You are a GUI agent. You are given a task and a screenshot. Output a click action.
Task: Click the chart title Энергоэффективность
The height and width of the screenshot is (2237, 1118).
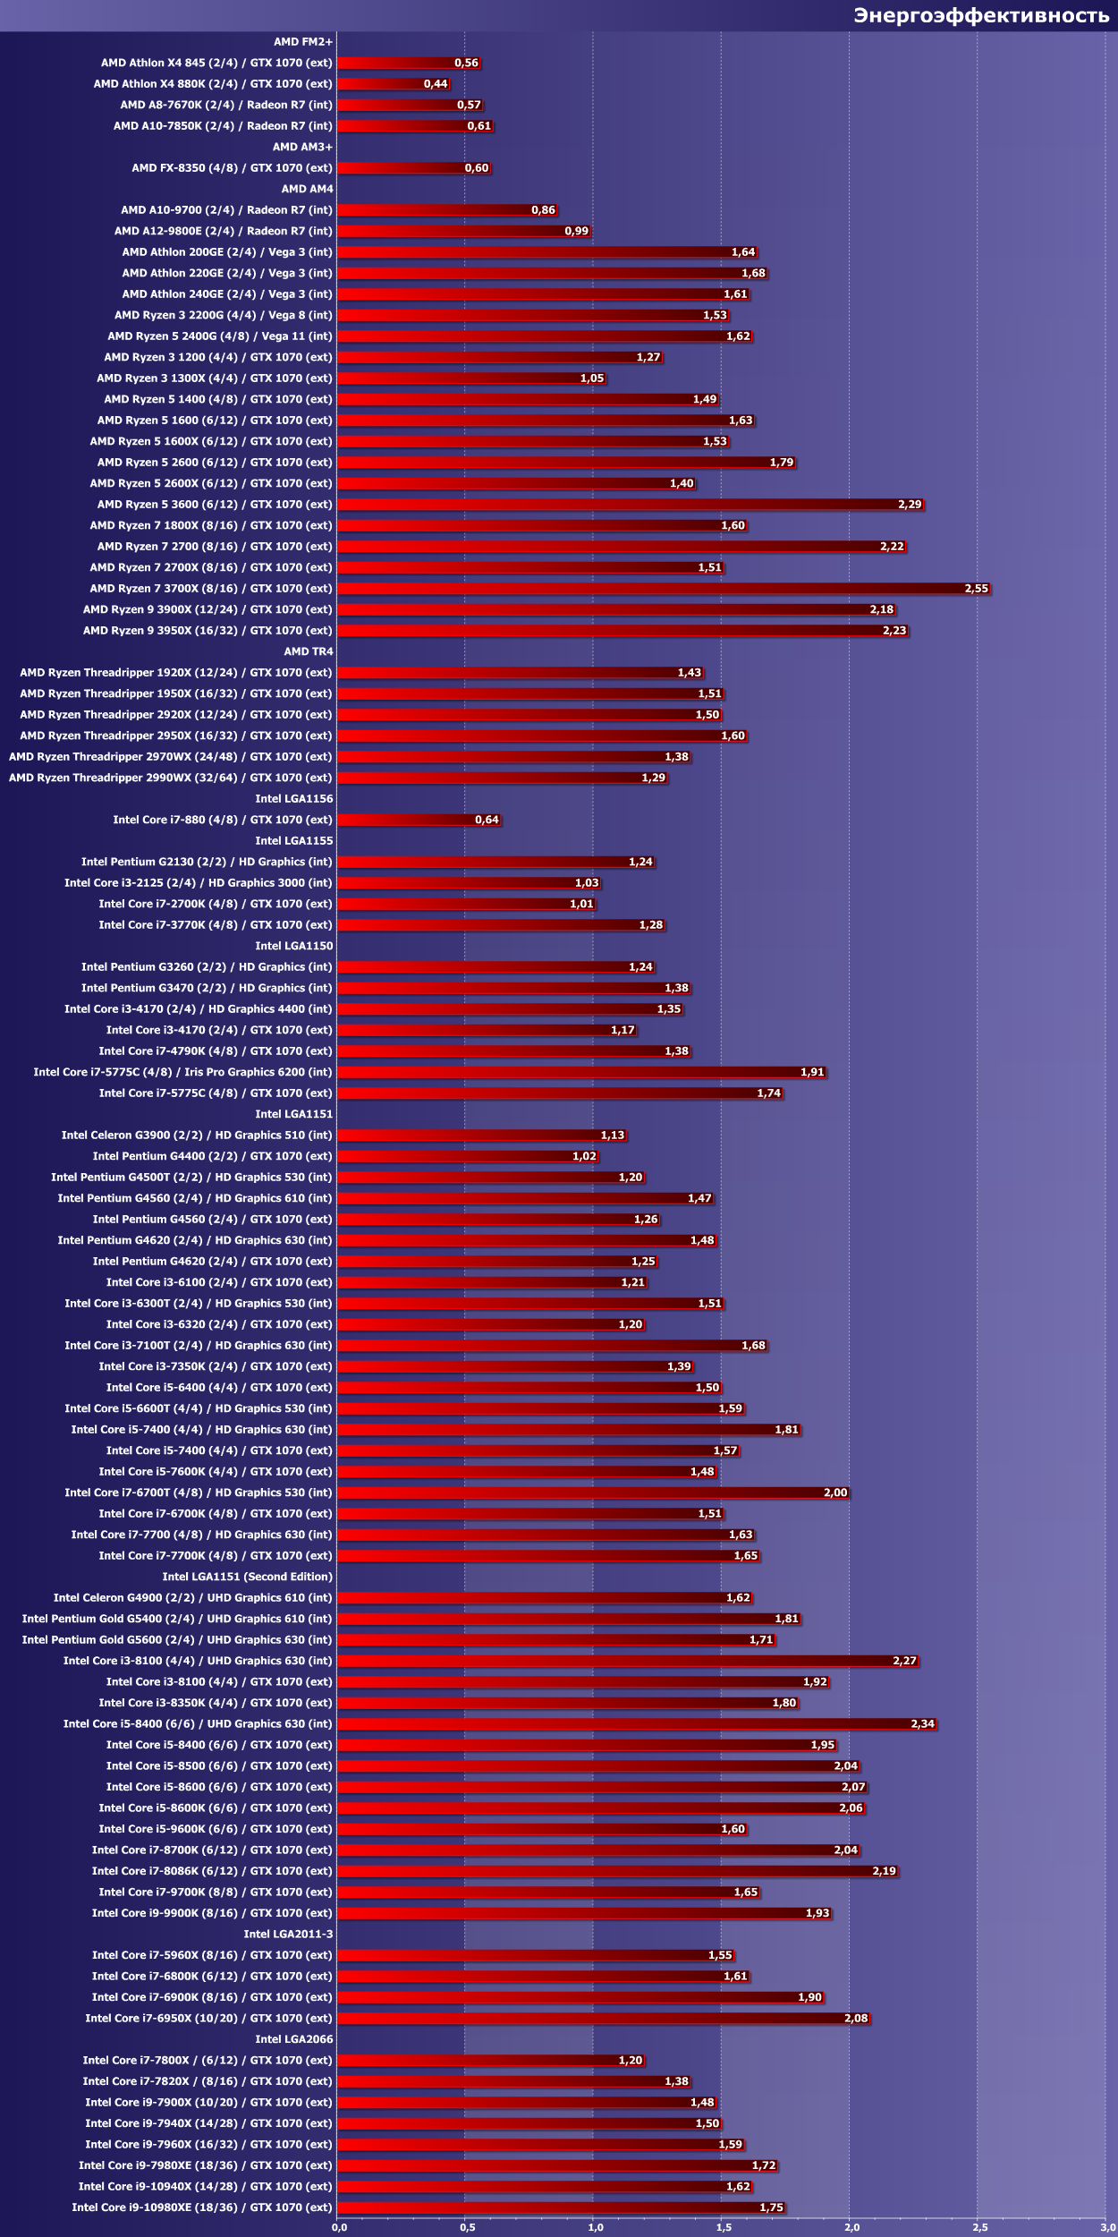[980, 15]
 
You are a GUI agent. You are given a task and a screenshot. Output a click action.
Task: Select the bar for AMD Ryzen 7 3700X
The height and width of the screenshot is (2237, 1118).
[662, 589]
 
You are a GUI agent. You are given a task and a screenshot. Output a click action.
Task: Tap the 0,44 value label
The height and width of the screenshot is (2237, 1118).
[436, 84]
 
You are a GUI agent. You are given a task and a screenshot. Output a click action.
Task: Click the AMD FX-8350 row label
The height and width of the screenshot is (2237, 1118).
[232, 168]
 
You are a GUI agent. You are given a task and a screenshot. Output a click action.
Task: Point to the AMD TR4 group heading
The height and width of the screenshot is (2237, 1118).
[308, 651]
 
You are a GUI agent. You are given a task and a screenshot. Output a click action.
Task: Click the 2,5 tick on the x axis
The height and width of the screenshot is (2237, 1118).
[980, 2227]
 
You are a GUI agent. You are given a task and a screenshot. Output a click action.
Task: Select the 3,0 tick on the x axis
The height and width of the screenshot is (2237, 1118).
[1108, 2227]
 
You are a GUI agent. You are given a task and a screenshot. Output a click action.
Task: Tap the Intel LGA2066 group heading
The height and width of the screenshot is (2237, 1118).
[293, 2039]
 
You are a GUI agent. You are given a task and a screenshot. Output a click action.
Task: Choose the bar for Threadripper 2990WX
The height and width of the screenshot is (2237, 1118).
[501, 778]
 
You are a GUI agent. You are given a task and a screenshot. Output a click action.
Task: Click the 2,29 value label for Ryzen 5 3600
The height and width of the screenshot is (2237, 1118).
[910, 505]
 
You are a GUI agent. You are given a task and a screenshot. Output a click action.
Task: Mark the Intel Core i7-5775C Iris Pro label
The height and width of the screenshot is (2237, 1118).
[182, 1072]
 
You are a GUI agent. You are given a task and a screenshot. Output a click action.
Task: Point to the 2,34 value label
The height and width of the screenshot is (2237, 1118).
[922, 1723]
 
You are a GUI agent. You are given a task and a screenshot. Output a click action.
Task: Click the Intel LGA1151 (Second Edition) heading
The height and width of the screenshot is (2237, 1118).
[247, 1577]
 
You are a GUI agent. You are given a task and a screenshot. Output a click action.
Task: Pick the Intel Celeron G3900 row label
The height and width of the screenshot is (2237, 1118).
[196, 1135]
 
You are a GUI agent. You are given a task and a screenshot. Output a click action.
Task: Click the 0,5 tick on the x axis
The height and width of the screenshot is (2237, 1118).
[468, 2227]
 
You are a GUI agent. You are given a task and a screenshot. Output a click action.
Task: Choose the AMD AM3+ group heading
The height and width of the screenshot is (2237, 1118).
[302, 147]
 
